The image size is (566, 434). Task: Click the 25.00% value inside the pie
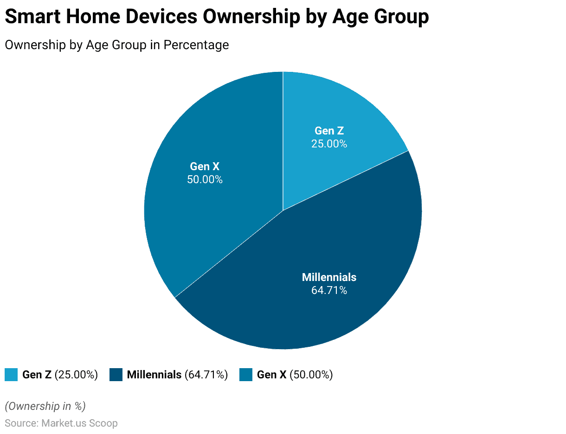[x=329, y=144]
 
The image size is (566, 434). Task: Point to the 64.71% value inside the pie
[x=329, y=291]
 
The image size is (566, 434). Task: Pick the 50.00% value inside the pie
[x=205, y=179]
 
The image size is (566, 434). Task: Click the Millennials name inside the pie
[x=329, y=277]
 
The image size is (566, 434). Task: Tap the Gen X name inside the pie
[x=205, y=166]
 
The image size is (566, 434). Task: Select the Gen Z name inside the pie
[x=329, y=131]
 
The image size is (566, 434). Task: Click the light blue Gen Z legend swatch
[x=11, y=375]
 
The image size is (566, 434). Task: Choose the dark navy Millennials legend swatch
[x=116, y=375]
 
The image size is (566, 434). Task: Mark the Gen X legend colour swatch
[x=246, y=375]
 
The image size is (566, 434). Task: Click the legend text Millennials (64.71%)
[x=177, y=375]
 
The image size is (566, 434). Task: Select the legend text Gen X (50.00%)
[x=295, y=375]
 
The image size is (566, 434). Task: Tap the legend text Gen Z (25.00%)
[x=60, y=375]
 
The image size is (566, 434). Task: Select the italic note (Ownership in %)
[x=45, y=406]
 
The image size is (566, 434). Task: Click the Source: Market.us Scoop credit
[x=61, y=423]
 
